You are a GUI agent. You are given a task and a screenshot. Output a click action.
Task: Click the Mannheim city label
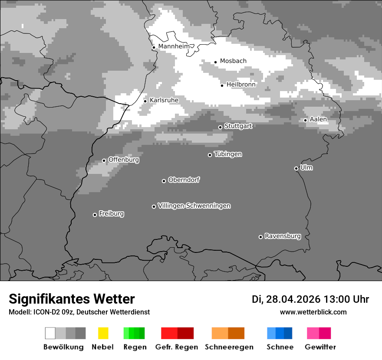[174, 46]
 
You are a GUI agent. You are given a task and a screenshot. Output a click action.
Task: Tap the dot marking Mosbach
[215, 62]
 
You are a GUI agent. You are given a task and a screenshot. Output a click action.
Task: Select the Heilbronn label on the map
[241, 85]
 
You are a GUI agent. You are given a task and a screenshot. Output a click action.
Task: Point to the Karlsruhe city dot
[145, 101]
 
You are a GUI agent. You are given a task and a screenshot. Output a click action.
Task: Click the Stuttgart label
[238, 126]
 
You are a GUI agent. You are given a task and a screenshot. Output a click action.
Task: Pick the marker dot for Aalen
[305, 120]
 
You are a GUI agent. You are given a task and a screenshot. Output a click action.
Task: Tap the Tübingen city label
[228, 154]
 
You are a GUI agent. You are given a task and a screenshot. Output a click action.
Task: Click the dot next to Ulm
[296, 168]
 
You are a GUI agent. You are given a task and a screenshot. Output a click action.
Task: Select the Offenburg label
[123, 160]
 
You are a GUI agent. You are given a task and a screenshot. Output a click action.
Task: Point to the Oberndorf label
[184, 180]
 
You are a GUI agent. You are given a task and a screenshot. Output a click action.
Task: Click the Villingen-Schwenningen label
[194, 206]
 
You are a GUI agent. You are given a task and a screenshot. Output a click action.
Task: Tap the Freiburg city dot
[95, 215]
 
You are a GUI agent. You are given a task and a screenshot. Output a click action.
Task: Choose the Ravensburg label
[283, 236]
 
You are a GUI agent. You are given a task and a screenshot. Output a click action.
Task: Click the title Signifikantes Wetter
[72, 299]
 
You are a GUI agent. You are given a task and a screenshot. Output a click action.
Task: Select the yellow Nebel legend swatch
[103, 333]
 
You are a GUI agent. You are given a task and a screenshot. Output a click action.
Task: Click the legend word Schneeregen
[229, 347]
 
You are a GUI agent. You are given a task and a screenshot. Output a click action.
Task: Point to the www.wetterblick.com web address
[313, 312]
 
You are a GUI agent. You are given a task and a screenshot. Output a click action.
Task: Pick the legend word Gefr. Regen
[176, 347]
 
